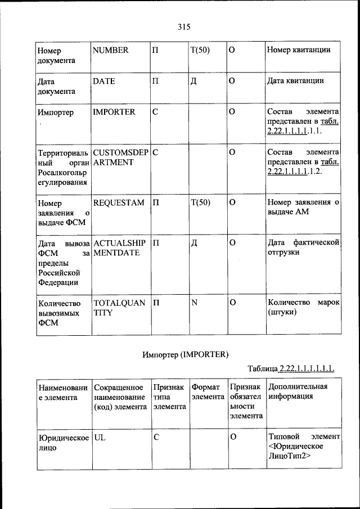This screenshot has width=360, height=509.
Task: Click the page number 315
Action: (183, 26)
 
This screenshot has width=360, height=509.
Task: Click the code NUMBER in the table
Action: (110, 50)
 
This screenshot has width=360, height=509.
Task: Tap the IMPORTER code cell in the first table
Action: (114, 112)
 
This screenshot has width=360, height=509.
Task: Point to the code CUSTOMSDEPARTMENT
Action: (120, 157)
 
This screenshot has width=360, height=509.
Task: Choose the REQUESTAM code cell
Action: (118, 202)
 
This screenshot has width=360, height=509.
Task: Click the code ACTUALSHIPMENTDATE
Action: (120, 248)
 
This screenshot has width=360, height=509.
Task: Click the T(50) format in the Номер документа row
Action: (200, 50)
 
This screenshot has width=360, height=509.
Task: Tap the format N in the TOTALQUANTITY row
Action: (194, 303)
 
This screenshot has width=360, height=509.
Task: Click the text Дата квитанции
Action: (295, 81)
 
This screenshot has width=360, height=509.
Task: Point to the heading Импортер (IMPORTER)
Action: (185, 354)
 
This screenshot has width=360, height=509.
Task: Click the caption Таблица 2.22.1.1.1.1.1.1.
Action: (291, 369)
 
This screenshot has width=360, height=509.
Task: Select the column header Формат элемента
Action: (208, 392)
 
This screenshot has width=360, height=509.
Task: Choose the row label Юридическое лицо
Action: (61, 443)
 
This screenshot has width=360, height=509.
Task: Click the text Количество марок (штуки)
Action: (303, 308)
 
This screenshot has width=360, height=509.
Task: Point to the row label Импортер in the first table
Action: (55, 112)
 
